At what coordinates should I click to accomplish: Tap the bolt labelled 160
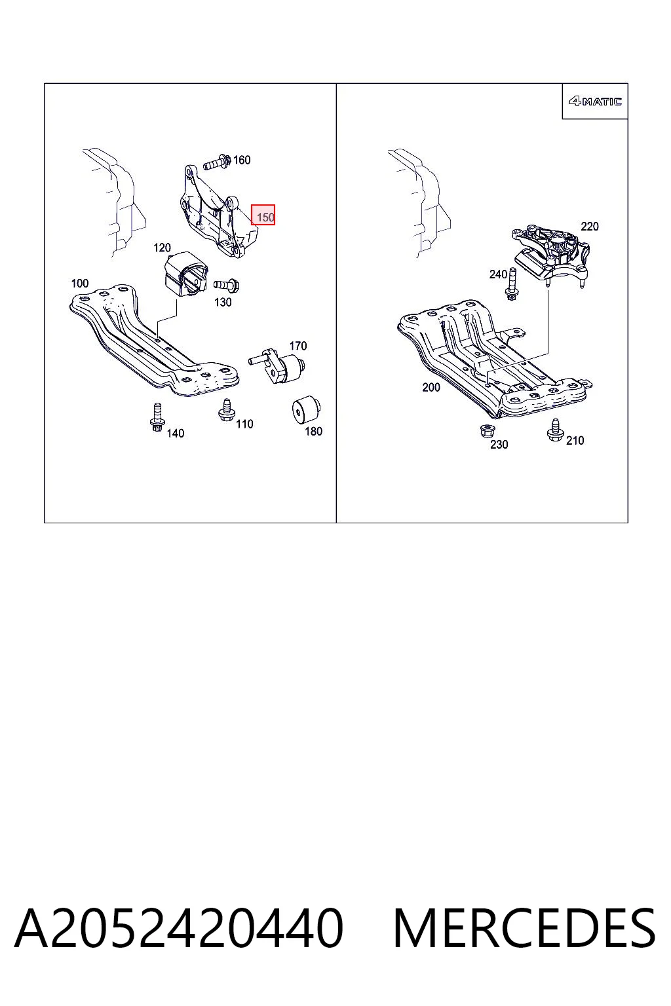[217, 162]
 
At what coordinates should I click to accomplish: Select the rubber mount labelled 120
[185, 275]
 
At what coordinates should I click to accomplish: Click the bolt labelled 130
[226, 285]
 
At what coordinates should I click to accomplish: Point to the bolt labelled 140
[157, 417]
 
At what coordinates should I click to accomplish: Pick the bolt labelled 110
[226, 410]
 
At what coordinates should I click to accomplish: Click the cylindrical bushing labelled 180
[305, 409]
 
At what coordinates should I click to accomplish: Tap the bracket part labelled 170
[277, 365]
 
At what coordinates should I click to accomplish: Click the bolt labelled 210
[555, 430]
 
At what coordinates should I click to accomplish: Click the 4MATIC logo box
[594, 101]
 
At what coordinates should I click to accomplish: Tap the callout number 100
[80, 284]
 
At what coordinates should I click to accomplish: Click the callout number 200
[431, 387]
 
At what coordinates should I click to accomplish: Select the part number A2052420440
[179, 928]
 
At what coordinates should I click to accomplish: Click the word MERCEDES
[524, 928]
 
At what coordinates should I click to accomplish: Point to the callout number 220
[590, 227]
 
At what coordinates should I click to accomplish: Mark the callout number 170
[298, 346]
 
